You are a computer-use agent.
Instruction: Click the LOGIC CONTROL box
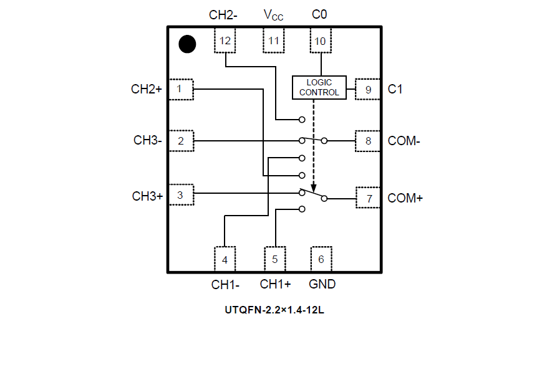[319, 88]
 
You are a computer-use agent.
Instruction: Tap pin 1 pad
[180, 89]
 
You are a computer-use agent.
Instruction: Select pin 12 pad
[225, 41]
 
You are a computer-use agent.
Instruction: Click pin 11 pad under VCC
[273, 41]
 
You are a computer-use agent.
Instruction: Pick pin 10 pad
[321, 41]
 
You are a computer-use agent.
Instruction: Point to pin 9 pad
[368, 90]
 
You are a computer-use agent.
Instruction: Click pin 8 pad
[368, 141]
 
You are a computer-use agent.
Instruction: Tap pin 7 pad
[369, 198]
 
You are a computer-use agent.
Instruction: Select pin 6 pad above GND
[321, 259]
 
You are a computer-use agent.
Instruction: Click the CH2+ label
[147, 89]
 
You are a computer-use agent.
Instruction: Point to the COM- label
[404, 141]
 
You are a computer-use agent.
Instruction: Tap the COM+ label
[405, 198]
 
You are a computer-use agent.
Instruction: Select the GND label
[322, 284]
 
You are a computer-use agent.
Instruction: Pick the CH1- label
[225, 285]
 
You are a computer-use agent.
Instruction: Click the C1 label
[395, 89]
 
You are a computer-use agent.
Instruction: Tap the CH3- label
[148, 141]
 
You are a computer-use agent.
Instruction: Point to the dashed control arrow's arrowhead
[314, 188]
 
